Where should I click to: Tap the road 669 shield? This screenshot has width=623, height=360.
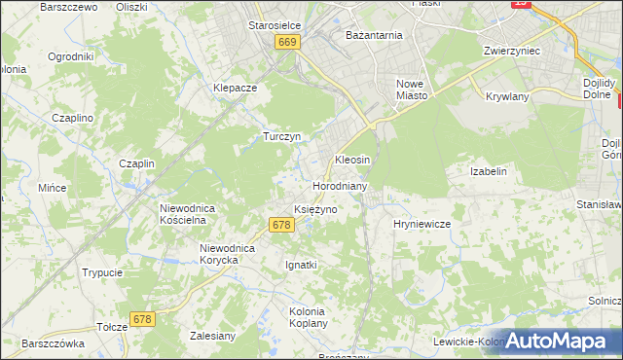click(286, 43)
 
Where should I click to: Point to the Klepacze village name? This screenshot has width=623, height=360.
click(235, 87)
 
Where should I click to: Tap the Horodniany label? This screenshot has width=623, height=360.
click(339, 185)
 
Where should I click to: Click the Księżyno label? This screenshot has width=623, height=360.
click(315, 209)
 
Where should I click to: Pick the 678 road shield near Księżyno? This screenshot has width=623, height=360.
click(280, 225)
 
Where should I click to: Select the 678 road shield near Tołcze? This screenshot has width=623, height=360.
click(143, 319)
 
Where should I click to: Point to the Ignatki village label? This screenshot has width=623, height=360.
click(301, 264)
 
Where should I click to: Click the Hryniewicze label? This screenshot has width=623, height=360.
click(421, 224)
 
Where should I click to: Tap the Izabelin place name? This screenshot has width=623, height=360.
click(489, 171)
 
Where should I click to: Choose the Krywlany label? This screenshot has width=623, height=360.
click(505, 96)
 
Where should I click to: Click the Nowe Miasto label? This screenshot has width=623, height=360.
click(413, 90)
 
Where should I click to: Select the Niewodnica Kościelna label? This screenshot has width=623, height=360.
click(193, 214)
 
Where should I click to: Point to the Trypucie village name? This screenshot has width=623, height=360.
click(102, 272)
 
